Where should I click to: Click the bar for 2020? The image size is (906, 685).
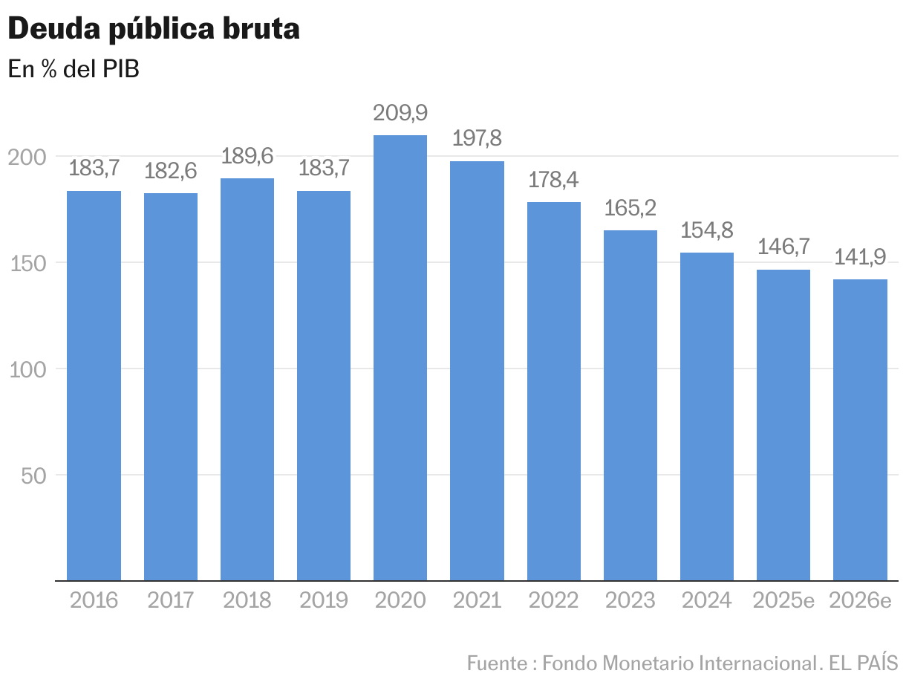point(400,357)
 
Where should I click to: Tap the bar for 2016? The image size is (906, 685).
point(94,386)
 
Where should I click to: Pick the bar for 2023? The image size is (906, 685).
point(630,405)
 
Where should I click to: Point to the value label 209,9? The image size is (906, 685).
point(400,114)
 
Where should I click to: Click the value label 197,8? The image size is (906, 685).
point(477,139)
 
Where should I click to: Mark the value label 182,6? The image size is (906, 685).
point(170,171)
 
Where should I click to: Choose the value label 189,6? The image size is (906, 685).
point(247,156)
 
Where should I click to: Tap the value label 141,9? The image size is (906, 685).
point(860,257)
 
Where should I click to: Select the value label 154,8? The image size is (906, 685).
point(707,230)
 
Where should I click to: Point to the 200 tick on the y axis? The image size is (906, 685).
point(28,157)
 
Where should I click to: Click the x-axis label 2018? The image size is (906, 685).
point(247,600)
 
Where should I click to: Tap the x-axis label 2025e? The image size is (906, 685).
point(783,600)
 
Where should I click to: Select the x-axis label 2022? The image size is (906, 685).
point(553,600)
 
